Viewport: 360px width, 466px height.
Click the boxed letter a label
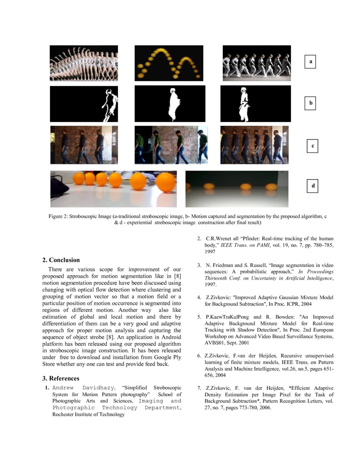(x=310, y=62)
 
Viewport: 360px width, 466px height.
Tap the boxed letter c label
(x=312, y=146)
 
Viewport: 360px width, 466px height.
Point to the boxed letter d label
(x=313, y=186)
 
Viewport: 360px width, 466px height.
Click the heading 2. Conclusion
(x=64, y=260)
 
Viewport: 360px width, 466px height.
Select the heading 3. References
(x=64, y=378)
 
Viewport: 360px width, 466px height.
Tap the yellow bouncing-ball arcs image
(x=170, y=63)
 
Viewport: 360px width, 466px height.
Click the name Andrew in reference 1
(x=63, y=388)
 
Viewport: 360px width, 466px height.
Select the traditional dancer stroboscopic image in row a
(x=84, y=63)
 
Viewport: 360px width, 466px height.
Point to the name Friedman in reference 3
(x=220, y=265)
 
